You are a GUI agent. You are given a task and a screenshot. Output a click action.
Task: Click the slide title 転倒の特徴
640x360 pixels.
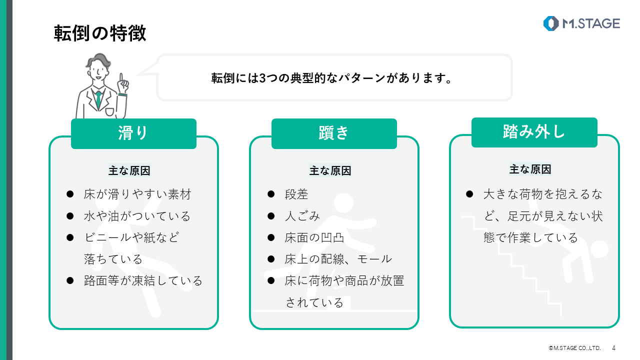click(x=100, y=33)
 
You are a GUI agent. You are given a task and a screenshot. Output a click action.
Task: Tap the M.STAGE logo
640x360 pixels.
click(x=581, y=23)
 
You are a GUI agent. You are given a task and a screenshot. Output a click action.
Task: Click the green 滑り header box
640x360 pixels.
click(x=133, y=133)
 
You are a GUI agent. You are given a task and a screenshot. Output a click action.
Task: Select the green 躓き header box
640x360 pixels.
click(x=334, y=133)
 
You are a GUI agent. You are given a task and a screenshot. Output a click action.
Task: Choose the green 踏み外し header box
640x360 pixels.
click(x=534, y=132)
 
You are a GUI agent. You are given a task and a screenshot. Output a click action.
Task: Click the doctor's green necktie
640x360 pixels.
click(x=99, y=98)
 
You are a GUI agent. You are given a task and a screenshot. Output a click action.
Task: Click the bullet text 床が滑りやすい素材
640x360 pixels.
click(x=137, y=194)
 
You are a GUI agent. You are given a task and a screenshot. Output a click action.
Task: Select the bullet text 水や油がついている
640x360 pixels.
click(x=137, y=216)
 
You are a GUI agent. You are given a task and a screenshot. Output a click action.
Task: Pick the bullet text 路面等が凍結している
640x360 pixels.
click(x=143, y=280)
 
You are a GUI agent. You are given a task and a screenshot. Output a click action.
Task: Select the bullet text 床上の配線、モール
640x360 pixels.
click(x=338, y=259)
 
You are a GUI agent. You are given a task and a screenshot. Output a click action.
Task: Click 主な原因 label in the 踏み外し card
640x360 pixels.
click(x=530, y=169)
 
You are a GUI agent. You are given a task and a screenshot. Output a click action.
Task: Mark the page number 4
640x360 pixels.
click(x=613, y=348)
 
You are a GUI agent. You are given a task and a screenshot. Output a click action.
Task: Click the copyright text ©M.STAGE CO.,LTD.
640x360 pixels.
click(x=574, y=348)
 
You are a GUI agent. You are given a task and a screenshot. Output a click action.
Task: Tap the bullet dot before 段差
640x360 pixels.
click(x=271, y=194)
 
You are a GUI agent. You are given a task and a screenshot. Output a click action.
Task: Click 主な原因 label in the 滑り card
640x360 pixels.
click(x=129, y=171)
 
